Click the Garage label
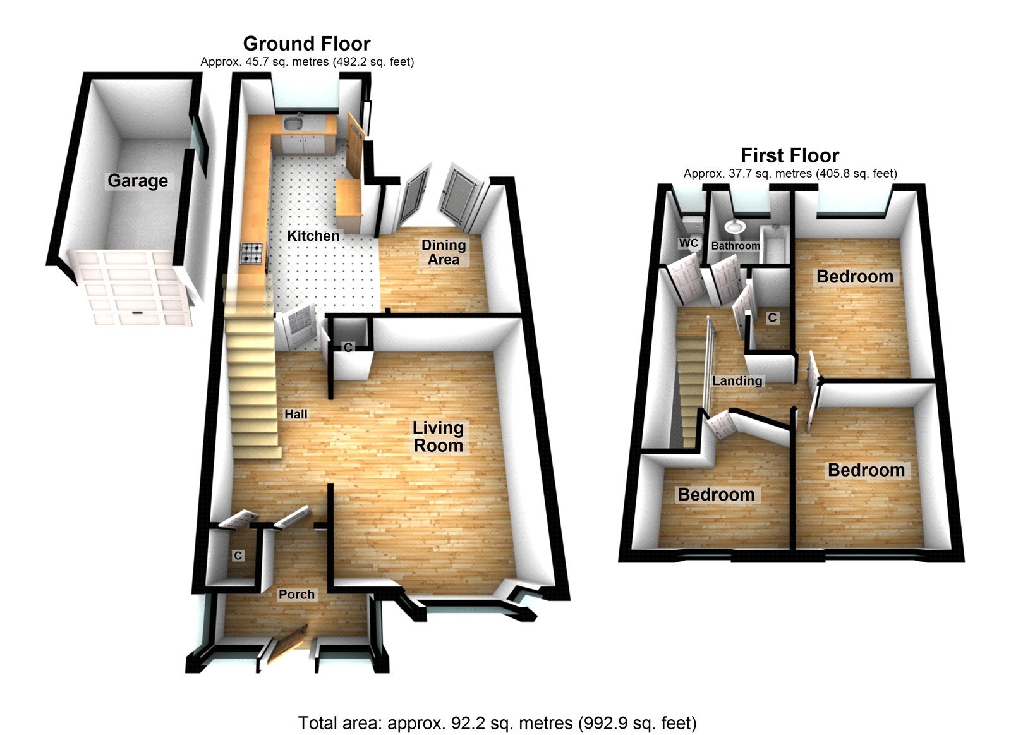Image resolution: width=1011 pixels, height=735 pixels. tap(138, 181)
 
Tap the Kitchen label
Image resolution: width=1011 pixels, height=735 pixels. tap(313, 236)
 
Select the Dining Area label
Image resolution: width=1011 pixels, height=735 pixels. tap(444, 252)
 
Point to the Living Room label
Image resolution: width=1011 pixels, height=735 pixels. tap(438, 437)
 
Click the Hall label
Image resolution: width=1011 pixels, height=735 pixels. tap(296, 414)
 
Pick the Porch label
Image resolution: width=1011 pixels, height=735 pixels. tap(296, 594)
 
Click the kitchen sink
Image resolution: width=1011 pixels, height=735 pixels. tap(293, 123)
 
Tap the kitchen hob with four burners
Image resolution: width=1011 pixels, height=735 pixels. tap(253, 253)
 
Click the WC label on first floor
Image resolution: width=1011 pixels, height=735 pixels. tap(689, 243)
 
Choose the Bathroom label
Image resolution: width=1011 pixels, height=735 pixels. tap(736, 245)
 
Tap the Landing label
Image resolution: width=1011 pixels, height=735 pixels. tap(737, 380)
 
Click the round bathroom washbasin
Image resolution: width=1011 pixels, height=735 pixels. tap(735, 226)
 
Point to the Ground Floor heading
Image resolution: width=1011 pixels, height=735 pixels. tap(306, 44)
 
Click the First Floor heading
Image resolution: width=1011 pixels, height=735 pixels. tap(790, 155)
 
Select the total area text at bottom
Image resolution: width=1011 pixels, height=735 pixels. tap(497, 722)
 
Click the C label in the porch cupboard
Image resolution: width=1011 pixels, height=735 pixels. tap(238, 556)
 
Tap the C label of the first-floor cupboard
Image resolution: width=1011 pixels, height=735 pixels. tap(772, 317)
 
